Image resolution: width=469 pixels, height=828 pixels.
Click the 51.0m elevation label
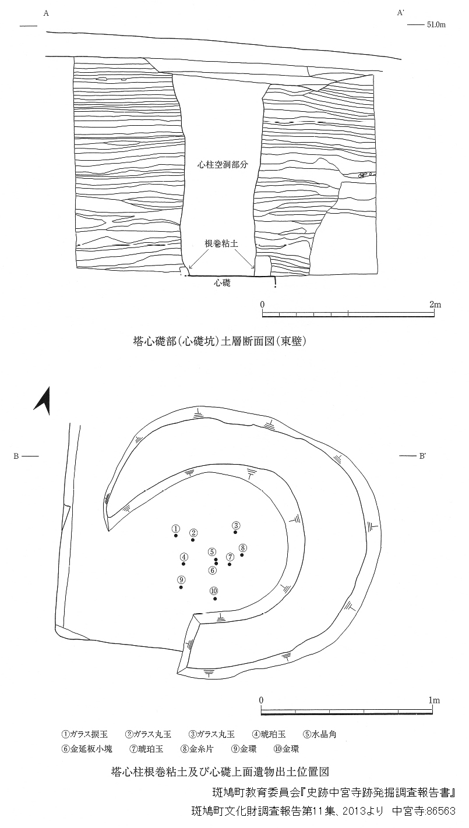click(x=436, y=25)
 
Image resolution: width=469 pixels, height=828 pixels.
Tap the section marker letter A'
click(x=401, y=13)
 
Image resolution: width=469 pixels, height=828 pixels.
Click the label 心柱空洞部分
click(x=223, y=164)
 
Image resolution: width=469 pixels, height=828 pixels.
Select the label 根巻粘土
click(x=221, y=243)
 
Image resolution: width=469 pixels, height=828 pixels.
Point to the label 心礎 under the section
click(x=222, y=283)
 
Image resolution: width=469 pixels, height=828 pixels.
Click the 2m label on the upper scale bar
click(x=435, y=305)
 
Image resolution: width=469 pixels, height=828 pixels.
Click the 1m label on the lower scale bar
click(x=434, y=700)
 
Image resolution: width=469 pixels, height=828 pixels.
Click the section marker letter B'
click(x=422, y=456)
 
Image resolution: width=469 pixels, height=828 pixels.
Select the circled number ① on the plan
click(x=176, y=528)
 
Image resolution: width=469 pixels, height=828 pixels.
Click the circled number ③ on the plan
click(x=236, y=525)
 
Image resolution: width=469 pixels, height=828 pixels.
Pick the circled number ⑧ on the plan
click(x=242, y=548)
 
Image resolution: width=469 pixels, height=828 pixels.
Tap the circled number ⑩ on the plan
click(x=214, y=590)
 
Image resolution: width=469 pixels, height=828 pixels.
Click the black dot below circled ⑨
click(x=181, y=587)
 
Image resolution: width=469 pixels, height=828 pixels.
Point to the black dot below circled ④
click(x=184, y=564)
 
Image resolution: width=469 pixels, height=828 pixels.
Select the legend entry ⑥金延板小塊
click(x=87, y=749)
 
